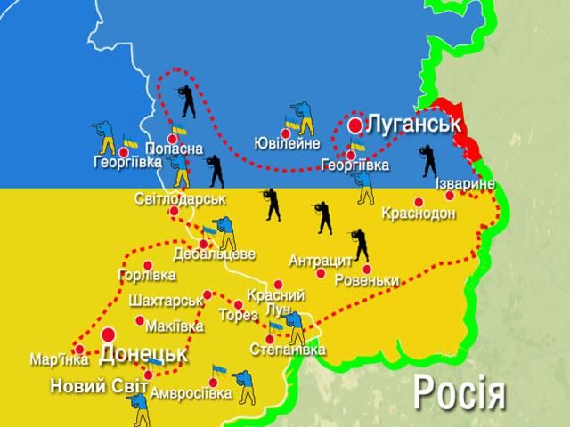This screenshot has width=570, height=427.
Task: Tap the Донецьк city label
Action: click(x=143, y=354)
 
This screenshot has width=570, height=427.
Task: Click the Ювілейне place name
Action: click(x=286, y=143)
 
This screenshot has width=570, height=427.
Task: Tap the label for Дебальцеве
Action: click(x=214, y=254)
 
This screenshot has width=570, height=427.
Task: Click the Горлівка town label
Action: click(x=146, y=276)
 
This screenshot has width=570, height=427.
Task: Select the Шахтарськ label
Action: click(x=163, y=301)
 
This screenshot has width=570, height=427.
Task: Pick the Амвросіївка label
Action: click(x=192, y=393)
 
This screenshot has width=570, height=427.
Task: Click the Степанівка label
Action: click(x=288, y=350)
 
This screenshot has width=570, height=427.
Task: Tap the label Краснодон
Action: click(x=418, y=213)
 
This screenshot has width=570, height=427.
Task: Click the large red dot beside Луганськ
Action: click(x=355, y=125)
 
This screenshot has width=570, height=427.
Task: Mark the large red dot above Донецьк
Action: click(x=109, y=335)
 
